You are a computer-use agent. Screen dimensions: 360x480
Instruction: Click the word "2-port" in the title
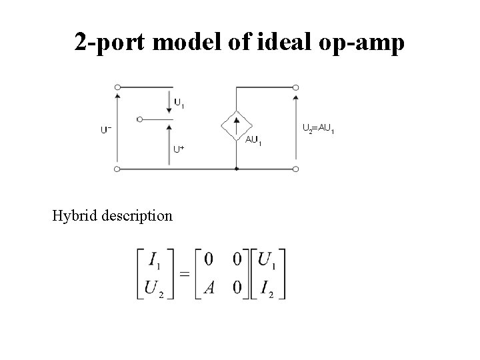click(111, 43)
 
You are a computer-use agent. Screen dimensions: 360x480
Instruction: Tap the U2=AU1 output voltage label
click(318, 127)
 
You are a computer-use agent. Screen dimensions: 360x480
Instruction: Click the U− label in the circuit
click(106, 130)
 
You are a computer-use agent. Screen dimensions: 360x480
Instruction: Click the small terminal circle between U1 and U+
click(139, 119)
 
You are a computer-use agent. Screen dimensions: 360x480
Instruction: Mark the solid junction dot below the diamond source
click(237, 169)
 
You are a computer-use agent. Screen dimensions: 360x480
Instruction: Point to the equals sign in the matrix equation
click(183, 274)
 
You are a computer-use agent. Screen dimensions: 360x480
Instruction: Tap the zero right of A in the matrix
click(237, 289)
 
